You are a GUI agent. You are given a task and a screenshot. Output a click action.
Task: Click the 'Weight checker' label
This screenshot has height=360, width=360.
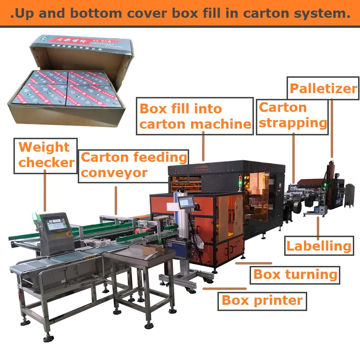click(x=47, y=154)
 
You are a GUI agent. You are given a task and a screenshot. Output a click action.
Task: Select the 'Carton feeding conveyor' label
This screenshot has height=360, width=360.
click(x=133, y=165)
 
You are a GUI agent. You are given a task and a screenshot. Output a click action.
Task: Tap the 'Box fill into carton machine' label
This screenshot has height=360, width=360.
click(x=195, y=116)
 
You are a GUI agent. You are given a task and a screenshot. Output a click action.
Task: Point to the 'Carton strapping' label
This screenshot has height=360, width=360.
click(x=292, y=115)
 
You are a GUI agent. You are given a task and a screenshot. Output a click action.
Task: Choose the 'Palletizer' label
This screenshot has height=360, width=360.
click(x=324, y=89)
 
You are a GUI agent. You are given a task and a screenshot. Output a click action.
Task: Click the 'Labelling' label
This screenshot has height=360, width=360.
click(x=319, y=246)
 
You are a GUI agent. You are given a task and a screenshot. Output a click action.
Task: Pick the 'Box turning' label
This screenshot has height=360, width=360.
click(x=295, y=275)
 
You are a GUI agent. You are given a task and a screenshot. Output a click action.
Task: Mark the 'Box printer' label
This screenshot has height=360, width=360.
click(x=262, y=300)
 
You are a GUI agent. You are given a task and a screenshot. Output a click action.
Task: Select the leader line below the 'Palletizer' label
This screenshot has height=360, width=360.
click(x=331, y=127)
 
